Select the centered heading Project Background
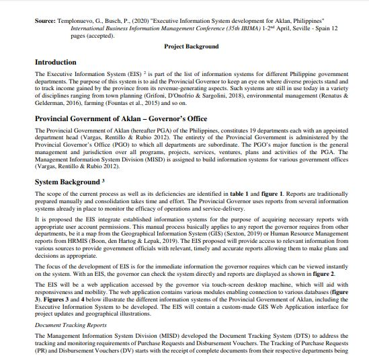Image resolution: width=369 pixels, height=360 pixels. pos(192,46)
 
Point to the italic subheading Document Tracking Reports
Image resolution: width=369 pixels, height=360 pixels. pos(71,324)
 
